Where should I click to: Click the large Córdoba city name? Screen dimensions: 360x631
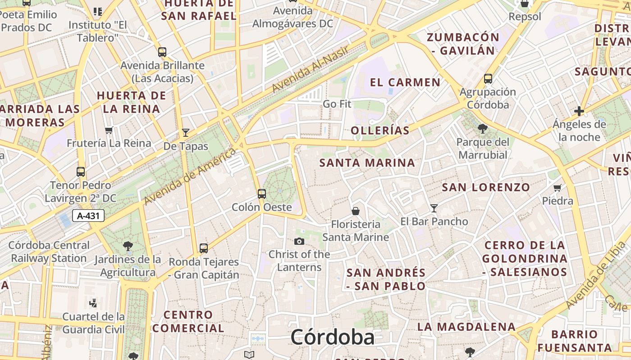tap(332, 337)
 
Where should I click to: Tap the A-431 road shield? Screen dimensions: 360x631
tap(88, 216)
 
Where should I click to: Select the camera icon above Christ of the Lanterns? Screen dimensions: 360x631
tap(299, 242)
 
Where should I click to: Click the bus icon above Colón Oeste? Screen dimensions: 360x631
tap(262, 194)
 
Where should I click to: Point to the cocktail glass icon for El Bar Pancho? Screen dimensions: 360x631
tap(434, 208)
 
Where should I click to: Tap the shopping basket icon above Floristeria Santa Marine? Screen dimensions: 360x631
tap(356, 211)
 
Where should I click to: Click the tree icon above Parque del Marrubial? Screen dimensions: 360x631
tap(482, 129)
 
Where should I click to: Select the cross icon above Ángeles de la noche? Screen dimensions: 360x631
tap(579, 111)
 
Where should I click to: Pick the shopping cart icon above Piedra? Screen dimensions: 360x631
tap(558, 188)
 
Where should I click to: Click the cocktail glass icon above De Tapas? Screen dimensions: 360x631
tap(185, 133)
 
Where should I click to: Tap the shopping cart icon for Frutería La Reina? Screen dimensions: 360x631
tap(109, 130)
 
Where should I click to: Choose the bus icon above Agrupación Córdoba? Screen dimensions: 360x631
tap(488, 79)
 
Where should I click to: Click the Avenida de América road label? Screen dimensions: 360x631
tap(190, 176)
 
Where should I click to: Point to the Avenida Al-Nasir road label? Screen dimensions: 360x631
tap(311, 70)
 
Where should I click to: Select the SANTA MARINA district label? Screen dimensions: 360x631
tap(367, 163)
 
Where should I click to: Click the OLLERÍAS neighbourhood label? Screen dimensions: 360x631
tap(380, 131)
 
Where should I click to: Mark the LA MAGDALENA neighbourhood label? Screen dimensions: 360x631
tap(466, 327)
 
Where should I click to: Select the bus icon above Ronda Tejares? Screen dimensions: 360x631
tap(204, 248)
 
